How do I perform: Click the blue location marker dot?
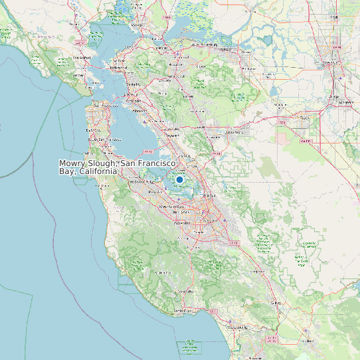coord(179,179)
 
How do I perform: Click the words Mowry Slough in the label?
coord(88,163)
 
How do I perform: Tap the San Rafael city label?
coord(81,58)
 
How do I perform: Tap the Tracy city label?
coord(305,118)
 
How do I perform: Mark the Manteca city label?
coord(345,102)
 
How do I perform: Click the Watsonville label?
coord(237,327)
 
